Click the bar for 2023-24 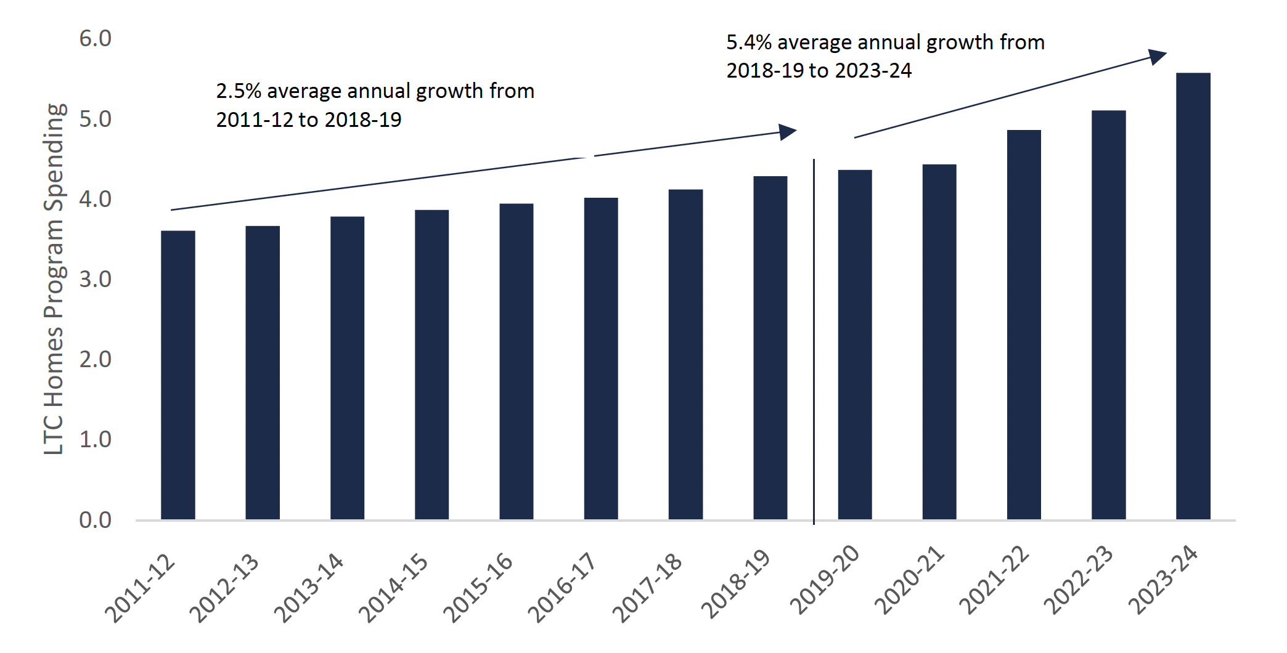coord(1193,296)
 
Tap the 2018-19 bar coord(770,347)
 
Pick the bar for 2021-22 coord(1024,324)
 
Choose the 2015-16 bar coord(516,361)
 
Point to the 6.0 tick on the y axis coord(95,39)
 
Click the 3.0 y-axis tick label coord(95,279)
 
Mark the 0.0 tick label coord(95,520)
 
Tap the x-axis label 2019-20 coord(825,580)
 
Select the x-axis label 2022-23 coord(1078,580)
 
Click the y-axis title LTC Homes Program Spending coord(54,279)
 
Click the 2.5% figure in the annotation coord(239,91)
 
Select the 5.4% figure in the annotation coord(749,43)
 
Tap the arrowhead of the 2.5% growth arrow coord(788,131)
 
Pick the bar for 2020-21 coord(939,341)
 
